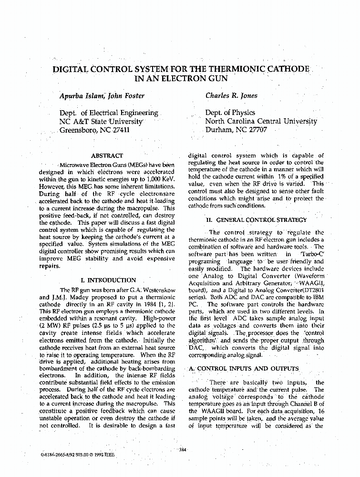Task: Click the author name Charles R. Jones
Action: click(x=231, y=95)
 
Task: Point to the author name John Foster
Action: click(x=126, y=95)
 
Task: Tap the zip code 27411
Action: click(x=120, y=130)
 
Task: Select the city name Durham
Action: click(x=219, y=130)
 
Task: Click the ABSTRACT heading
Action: click(x=106, y=156)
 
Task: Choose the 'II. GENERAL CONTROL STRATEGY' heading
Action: click(x=256, y=220)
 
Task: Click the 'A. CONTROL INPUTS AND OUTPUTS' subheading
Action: click(x=244, y=369)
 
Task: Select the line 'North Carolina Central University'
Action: click(x=261, y=121)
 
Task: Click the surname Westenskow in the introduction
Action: click(x=156, y=290)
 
